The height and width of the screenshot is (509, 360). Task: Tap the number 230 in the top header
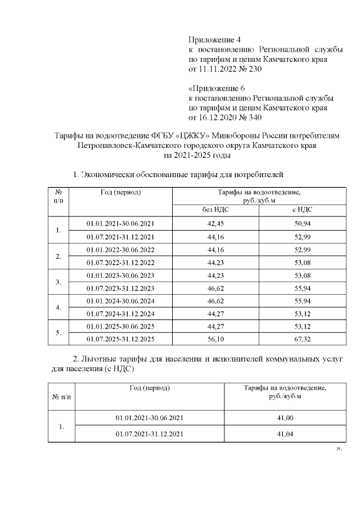click(x=254, y=69)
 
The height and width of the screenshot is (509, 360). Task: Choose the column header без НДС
click(x=215, y=209)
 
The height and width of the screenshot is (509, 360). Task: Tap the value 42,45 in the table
click(x=215, y=223)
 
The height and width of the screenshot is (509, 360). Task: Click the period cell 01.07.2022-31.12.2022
click(x=120, y=263)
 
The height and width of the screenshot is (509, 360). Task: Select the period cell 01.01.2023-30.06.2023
click(x=120, y=275)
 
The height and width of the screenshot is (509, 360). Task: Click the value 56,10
click(x=215, y=339)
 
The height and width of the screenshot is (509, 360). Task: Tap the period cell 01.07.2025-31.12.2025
click(x=120, y=339)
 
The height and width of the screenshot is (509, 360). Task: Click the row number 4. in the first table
click(x=58, y=308)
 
